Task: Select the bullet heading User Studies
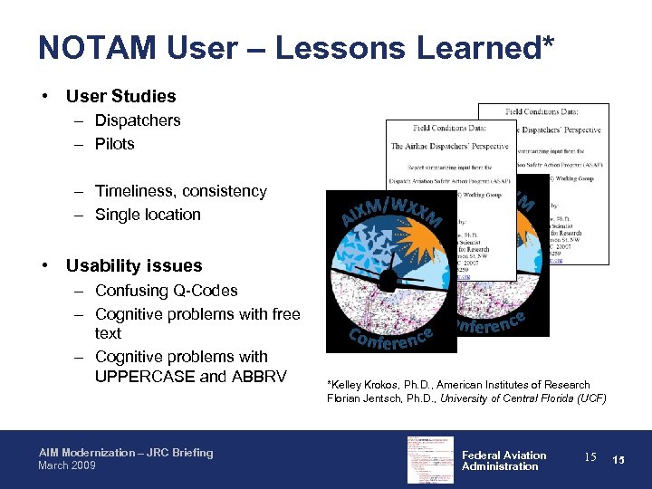120,96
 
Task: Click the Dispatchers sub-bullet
138,120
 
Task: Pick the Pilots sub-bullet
114,144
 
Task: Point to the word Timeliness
136,191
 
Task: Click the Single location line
148,215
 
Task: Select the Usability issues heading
133,265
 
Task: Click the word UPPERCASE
145,376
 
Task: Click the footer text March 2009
69,465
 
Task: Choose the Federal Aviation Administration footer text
503,461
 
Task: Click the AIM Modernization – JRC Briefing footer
126,453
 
